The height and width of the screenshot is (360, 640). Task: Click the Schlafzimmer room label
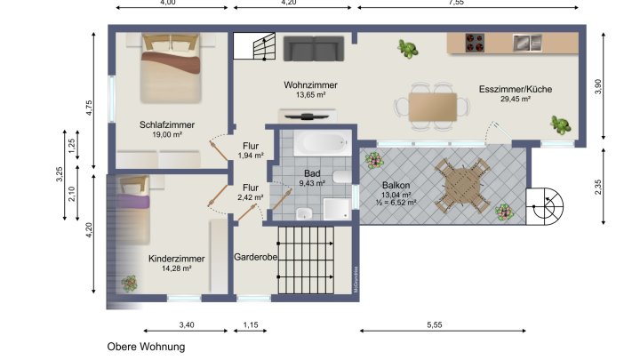click(x=167, y=124)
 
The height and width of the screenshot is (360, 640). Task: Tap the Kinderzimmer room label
click(x=177, y=259)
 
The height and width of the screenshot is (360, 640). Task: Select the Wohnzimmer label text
click(x=310, y=84)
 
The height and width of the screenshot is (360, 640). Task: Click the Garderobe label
click(x=256, y=258)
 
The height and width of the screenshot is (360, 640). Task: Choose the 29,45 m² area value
click(x=515, y=100)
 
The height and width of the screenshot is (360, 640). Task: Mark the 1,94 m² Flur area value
click(x=252, y=156)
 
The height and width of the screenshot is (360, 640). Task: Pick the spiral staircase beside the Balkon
click(x=544, y=210)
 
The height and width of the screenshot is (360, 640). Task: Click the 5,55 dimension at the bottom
click(x=434, y=325)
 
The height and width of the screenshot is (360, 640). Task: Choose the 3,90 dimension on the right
click(x=597, y=86)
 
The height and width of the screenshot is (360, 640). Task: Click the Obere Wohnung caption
click(x=147, y=347)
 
